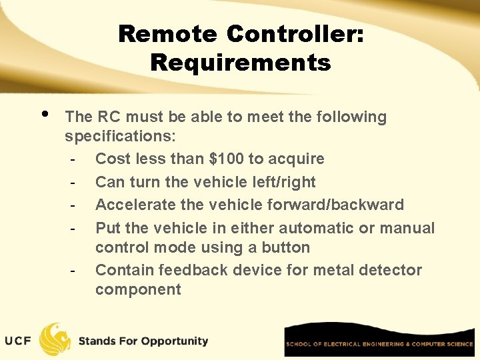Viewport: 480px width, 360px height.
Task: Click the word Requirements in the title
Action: pos(240,63)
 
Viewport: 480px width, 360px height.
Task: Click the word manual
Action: pos(407,228)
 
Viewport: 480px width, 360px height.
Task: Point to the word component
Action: pos(138,289)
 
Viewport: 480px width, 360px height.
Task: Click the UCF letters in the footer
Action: pos(18,341)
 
